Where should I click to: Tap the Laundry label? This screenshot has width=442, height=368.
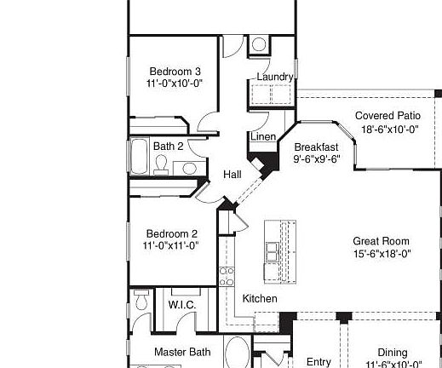pyautogui.click(x=274, y=77)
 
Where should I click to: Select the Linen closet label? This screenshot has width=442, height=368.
pyautogui.click(x=262, y=137)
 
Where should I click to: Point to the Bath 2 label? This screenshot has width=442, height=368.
pyautogui.click(x=168, y=147)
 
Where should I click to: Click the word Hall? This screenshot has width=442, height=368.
pyautogui.click(x=232, y=175)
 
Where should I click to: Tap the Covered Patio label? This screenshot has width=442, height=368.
pyautogui.click(x=387, y=116)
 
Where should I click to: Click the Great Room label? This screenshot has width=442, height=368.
pyautogui.click(x=382, y=241)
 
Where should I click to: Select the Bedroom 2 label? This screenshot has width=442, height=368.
pyautogui.click(x=171, y=234)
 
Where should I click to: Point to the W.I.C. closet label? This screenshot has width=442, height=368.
pyautogui.click(x=182, y=304)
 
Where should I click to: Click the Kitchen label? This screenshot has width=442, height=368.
pyautogui.click(x=260, y=299)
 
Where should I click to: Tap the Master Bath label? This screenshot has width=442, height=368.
pyautogui.click(x=182, y=352)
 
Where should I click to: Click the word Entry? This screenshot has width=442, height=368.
pyautogui.click(x=319, y=362)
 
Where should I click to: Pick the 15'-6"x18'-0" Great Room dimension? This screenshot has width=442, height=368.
pyautogui.click(x=382, y=253)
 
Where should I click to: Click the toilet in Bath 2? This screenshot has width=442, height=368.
pyautogui.click(x=161, y=165)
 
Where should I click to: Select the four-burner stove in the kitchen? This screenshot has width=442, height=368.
pyautogui.click(x=227, y=275)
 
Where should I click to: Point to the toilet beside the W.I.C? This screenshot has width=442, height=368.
pyautogui.click(x=141, y=299)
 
